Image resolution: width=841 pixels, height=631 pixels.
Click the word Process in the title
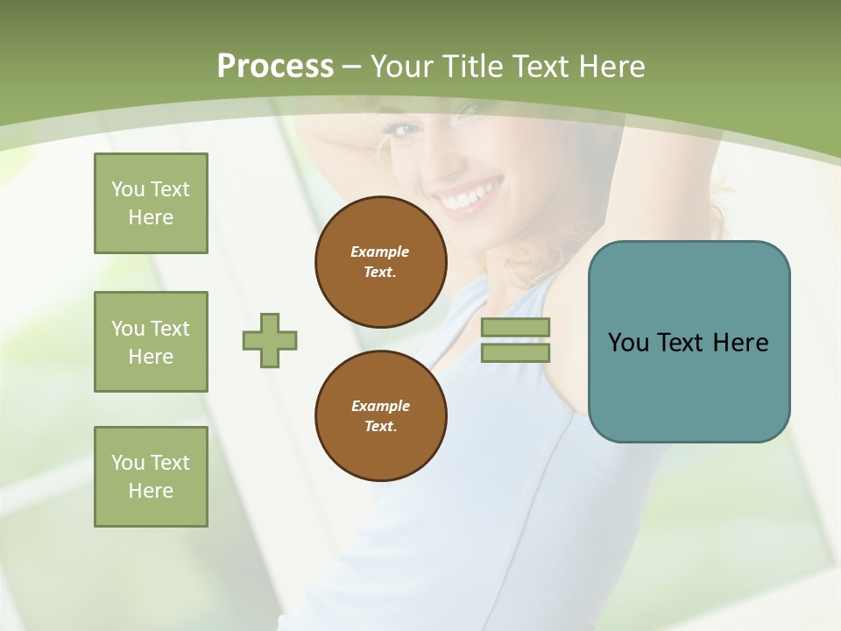(275, 67)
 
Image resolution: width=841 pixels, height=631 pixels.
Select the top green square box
(151, 203)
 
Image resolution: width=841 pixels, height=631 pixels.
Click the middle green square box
(151, 342)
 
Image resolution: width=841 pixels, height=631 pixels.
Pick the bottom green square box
(151, 477)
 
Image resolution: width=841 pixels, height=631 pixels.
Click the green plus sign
(270, 340)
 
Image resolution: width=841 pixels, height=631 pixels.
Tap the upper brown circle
(380, 261)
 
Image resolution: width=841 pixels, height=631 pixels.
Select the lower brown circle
(380, 415)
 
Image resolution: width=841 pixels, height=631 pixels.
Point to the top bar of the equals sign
(516, 328)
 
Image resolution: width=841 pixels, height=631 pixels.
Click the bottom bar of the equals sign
(516, 352)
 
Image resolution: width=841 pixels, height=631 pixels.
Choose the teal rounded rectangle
(689, 341)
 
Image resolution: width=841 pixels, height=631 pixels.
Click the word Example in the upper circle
(380, 252)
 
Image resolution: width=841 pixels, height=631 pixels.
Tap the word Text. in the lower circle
(380, 427)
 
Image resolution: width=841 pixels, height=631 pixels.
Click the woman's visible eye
(403, 130)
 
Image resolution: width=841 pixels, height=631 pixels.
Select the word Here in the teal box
(740, 343)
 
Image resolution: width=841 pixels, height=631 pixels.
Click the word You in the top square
(128, 189)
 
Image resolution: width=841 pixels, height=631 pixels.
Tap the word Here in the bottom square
(151, 491)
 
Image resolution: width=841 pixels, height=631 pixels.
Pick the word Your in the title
(402, 67)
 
